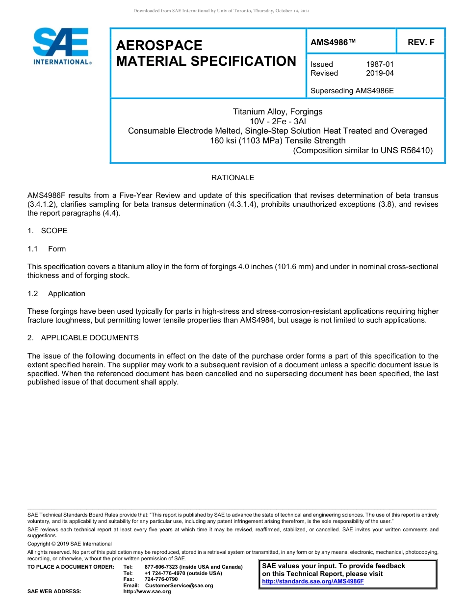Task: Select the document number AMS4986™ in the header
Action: tap(333, 43)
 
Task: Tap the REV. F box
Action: tap(421, 43)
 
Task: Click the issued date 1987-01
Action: tap(380, 64)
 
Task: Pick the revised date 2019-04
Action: tap(380, 73)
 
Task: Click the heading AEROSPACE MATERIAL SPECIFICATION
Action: tap(206, 53)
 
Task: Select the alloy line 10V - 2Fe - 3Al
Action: tap(278, 121)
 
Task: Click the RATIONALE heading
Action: tap(233, 178)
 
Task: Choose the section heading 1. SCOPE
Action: tap(48, 231)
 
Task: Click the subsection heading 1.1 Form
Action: tap(47, 249)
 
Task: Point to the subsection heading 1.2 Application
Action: tap(56, 294)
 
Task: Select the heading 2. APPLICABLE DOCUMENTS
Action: tap(83, 338)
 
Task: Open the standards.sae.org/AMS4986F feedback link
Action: tap(313, 581)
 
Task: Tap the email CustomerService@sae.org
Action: tap(179, 585)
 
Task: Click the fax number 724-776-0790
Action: tap(161, 579)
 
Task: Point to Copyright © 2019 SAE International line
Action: tap(70, 544)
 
